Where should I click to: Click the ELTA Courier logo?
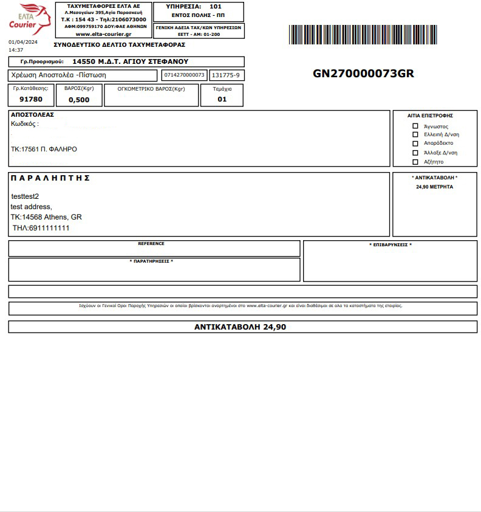tap(29, 19)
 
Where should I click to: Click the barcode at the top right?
tap(363, 35)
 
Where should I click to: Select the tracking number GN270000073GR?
tap(363, 74)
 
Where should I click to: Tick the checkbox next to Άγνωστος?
tap(415, 126)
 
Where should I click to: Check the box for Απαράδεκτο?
tap(415, 144)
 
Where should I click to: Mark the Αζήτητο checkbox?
tap(415, 162)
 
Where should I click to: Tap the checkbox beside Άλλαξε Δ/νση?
tap(415, 153)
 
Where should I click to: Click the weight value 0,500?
tap(79, 100)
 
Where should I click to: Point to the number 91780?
tap(31, 99)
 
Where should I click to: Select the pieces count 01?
tap(222, 99)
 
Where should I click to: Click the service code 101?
tap(216, 7)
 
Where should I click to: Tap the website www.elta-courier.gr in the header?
tap(103, 34)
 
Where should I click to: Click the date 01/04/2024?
tap(23, 42)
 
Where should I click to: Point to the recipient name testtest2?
tap(25, 196)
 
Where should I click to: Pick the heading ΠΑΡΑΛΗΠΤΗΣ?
tap(50, 178)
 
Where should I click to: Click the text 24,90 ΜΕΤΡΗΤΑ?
tap(434, 187)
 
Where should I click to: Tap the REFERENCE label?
tap(151, 244)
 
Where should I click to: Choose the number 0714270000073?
tap(185, 75)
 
